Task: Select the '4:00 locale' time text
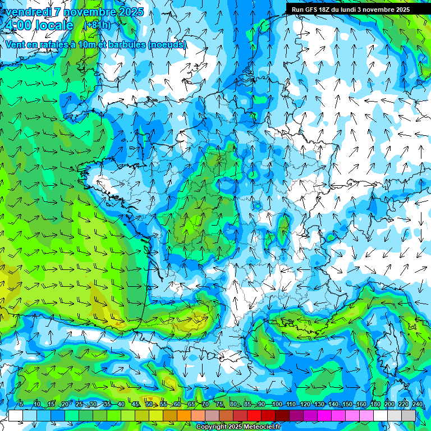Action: (38, 25)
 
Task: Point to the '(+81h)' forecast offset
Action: (98, 25)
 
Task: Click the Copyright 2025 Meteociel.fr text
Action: (238, 427)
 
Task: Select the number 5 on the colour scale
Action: (21, 404)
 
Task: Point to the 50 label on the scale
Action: (149, 404)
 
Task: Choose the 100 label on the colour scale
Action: (277, 404)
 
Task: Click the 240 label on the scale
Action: (417, 404)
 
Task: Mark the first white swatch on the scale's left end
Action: (16, 415)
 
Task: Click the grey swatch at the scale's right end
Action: (409, 415)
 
